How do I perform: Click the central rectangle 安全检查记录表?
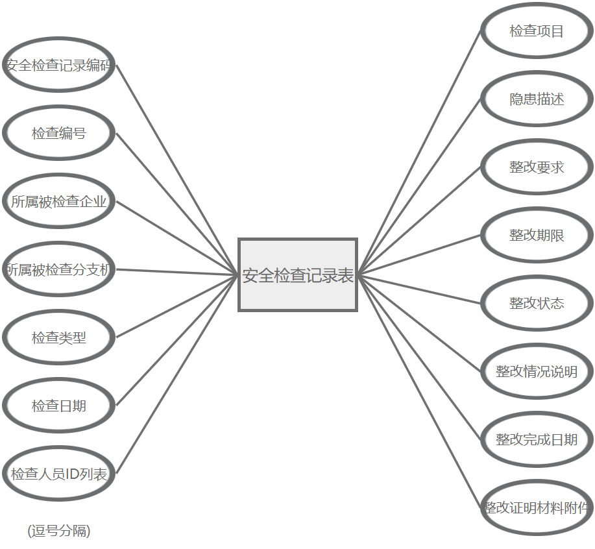click(x=298, y=275)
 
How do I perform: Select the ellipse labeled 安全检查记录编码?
click(x=59, y=66)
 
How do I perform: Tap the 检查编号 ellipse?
click(x=59, y=134)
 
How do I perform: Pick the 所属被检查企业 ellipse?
click(x=59, y=202)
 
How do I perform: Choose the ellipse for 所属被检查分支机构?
click(x=59, y=270)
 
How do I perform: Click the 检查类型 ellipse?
click(x=59, y=337)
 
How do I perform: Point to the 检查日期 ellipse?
click(x=59, y=406)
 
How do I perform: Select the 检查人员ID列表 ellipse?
click(x=59, y=474)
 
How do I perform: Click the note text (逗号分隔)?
click(x=59, y=531)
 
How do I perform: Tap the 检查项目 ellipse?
click(x=537, y=31)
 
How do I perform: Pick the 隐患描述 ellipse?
click(x=537, y=99)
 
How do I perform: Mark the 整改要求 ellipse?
click(x=537, y=167)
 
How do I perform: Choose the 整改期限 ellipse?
click(x=537, y=236)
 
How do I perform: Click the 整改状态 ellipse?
click(x=537, y=303)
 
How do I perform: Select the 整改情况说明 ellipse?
click(x=537, y=371)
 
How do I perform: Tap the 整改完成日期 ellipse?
click(x=537, y=439)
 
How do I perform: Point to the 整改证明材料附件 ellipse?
click(x=537, y=507)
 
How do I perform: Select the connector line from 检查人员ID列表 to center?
click(x=177, y=374)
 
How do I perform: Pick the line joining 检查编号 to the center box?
click(x=177, y=204)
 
